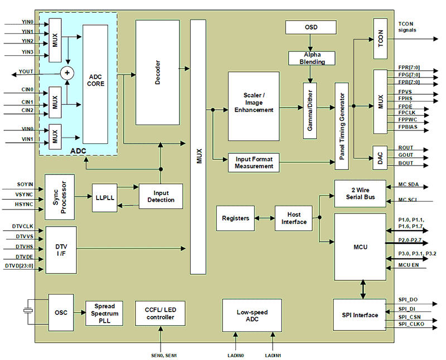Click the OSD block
(311, 27)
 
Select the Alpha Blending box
(312, 58)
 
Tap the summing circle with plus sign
(67, 73)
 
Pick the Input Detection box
(161, 197)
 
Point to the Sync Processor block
(60, 193)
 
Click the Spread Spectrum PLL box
(104, 314)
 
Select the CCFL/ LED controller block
(161, 314)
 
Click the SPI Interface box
(359, 315)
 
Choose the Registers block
(235, 218)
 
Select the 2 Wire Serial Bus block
(360, 193)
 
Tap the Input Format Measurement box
(254, 163)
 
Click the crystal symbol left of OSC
(27, 312)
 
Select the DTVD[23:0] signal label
(20, 266)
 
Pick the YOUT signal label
(26, 72)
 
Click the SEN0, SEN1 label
(162, 354)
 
